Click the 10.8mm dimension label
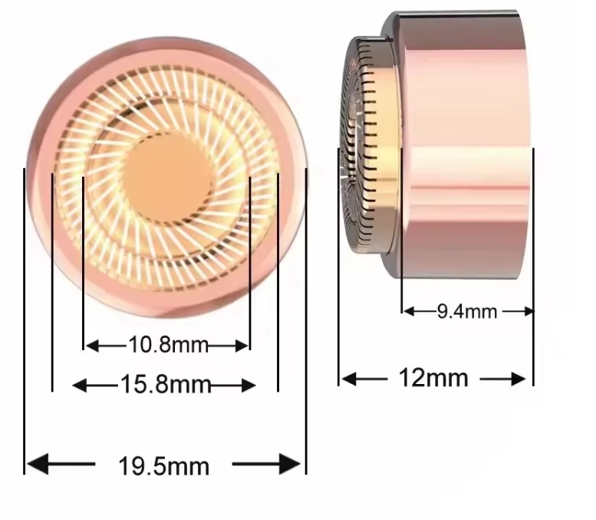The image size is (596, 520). click(x=167, y=345)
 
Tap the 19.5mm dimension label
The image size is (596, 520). click(x=163, y=465)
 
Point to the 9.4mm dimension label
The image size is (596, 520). click(x=466, y=311)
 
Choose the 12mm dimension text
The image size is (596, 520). click(x=433, y=378)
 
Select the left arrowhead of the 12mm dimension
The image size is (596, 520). click(x=347, y=379)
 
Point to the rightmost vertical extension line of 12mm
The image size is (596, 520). click(x=532, y=269)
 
